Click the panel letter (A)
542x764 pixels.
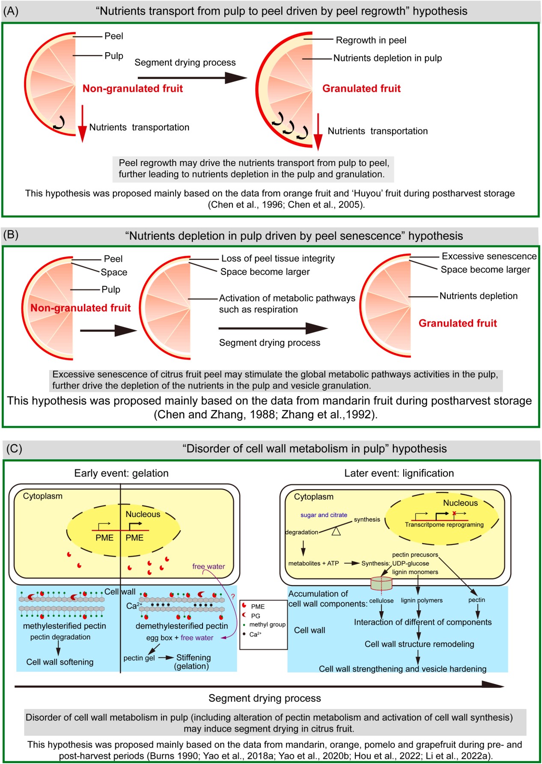click(x=11, y=11)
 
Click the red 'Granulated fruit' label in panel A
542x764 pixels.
click(x=361, y=89)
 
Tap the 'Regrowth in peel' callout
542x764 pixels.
click(x=371, y=40)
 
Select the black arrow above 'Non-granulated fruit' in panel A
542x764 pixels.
click(x=192, y=78)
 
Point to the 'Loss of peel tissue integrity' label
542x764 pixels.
click(x=278, y=259)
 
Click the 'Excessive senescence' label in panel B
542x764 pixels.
click(x=489, y=256)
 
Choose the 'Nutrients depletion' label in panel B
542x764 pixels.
click(x=478, y=296)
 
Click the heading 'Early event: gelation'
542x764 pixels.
click(x=121, y=473)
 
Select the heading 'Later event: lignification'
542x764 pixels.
click(x=399, y=473)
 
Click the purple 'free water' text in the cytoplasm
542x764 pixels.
click(x=208, y=566)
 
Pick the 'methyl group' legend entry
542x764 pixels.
click(x=267, y=624)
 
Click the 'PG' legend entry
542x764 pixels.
click(x=256, y=615)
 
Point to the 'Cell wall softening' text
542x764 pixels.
click(x=60, y=662)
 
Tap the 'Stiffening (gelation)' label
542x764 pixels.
click(x=193, y=662)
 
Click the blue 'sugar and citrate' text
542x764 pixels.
click(x=324, y=515)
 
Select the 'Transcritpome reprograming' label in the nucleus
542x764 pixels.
click(x=444, y=524)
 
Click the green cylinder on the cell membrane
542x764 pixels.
click(x=381, y=583)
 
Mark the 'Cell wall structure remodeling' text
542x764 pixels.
click(x=419, y=644)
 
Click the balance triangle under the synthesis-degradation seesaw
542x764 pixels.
click(x=337, y=532)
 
